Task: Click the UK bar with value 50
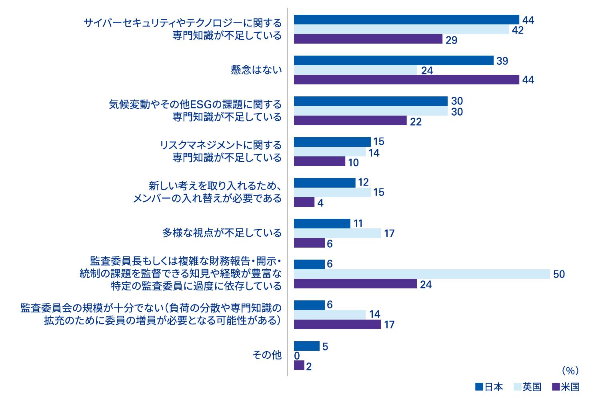coord(422,274)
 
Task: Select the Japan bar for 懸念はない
coord(394,60)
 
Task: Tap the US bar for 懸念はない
coord(406,80)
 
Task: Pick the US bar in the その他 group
coord(299,365)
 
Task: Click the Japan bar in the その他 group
coord(307,346)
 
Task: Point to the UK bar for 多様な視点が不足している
coord(338,233)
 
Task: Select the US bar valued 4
coord(304,202)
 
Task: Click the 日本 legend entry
coord(489,387)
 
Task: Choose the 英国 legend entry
coord(527,387)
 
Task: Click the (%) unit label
coord(570,371)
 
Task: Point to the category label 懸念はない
coord(256,70)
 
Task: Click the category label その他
coord(267,355)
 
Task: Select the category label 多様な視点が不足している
coord(222,233)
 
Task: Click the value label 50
coord(559,274)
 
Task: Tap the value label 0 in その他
coord(297,356)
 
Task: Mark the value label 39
coord(502,61)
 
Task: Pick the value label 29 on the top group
coord(451,40)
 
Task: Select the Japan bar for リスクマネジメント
coord(332,142)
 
